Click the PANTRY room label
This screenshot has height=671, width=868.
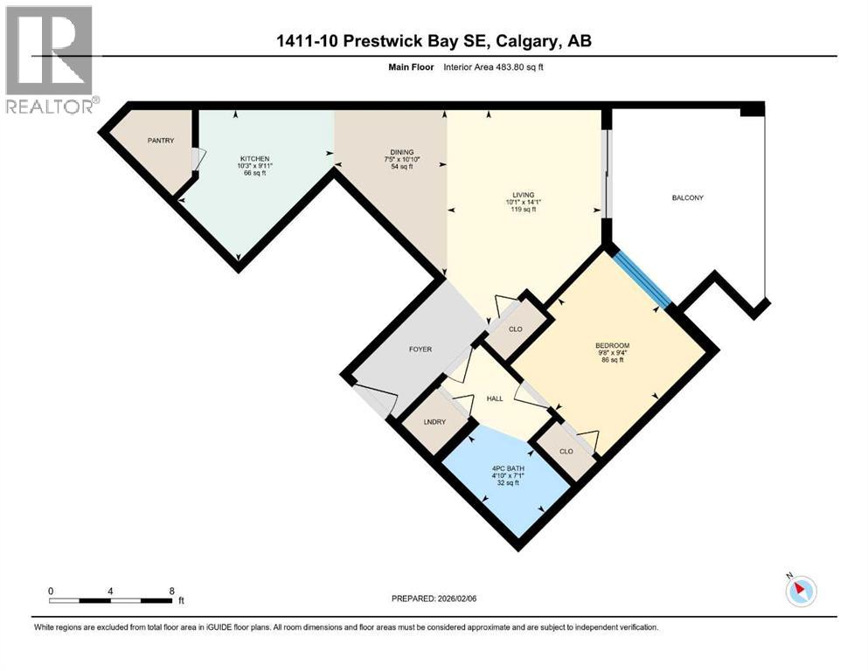[161, 141]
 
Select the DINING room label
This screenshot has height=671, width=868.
[402, 152]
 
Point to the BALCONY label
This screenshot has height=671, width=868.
[687, 197]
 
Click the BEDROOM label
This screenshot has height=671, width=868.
[612, 345]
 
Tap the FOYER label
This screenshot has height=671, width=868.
[420, 349]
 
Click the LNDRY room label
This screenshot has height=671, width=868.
[434, 422]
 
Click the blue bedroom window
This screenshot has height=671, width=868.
[642, 279]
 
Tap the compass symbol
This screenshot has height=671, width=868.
[801, 591]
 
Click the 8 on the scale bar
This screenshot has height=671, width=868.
[172, 591]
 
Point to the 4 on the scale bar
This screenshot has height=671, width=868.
[110, 591]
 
